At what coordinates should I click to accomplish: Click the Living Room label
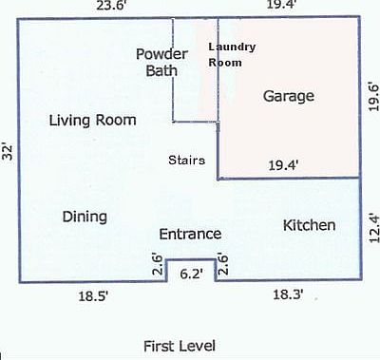(93, 121)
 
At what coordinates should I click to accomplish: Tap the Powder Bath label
(161, 61)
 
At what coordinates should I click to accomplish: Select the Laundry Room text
(232, 54)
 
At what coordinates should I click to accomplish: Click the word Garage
(288, 97)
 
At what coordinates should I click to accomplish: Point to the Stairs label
(187, 160)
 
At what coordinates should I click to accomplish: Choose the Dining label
(85, 217)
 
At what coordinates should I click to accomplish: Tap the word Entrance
(190, 234)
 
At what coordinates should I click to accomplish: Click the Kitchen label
(310, 225)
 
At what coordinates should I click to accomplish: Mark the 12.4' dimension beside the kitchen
(372, 229)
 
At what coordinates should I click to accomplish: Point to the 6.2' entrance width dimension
(191, 274)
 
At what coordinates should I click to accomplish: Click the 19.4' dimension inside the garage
(283, 165)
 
